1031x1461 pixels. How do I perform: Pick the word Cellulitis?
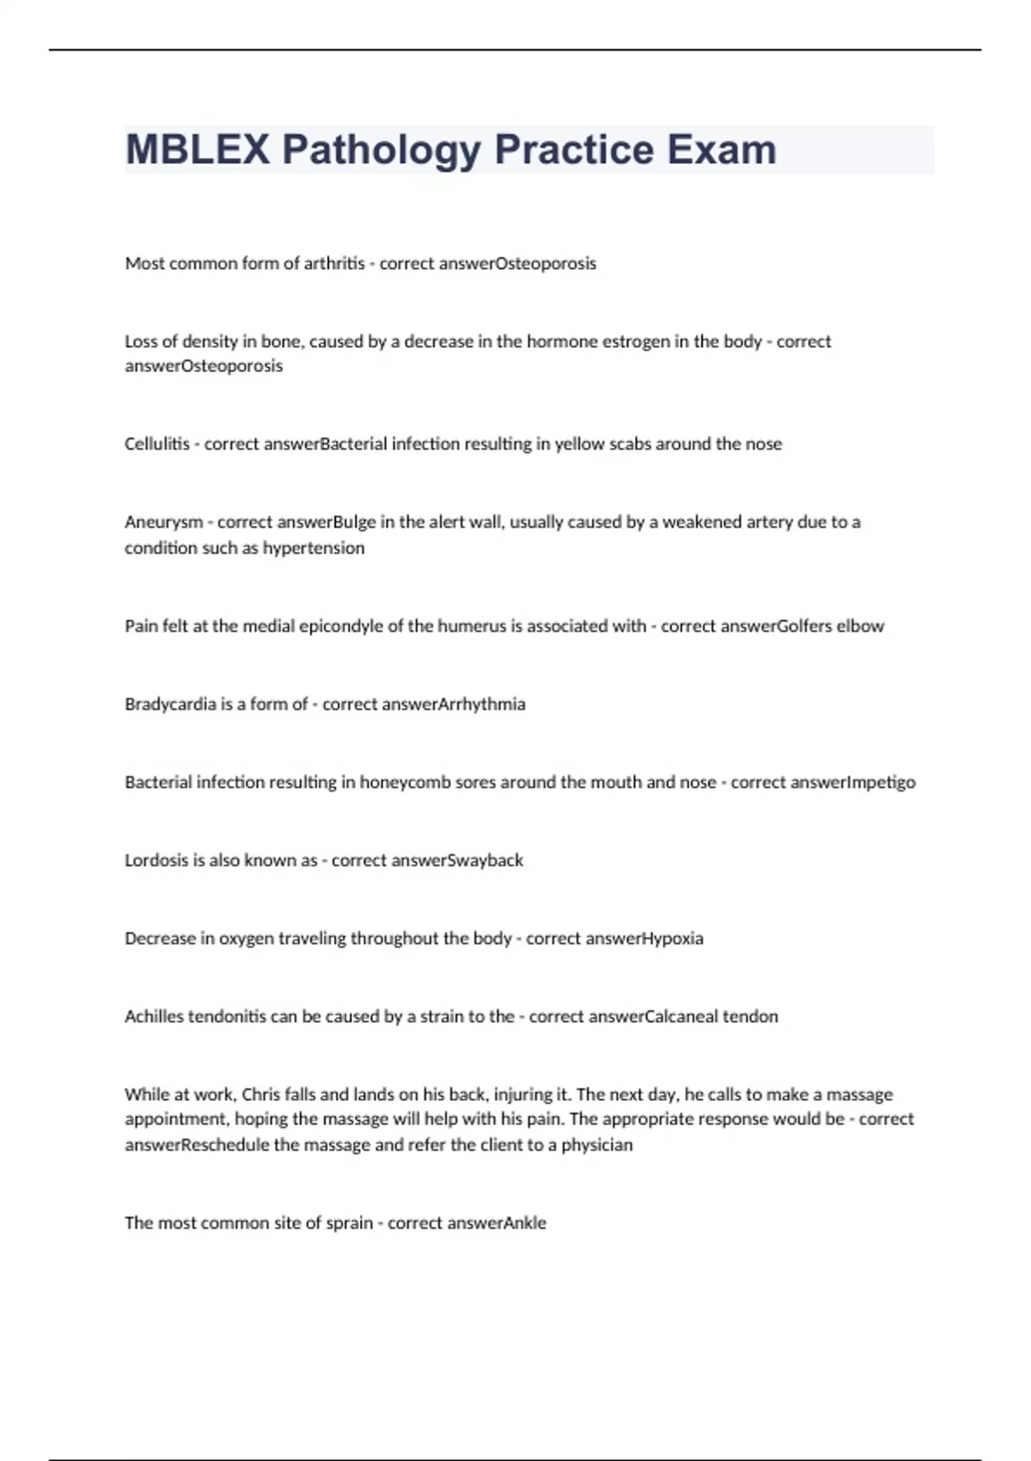coord(157,444)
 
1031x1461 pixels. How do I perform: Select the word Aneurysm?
coord(164,523)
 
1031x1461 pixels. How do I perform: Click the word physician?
coord(597,1146)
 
